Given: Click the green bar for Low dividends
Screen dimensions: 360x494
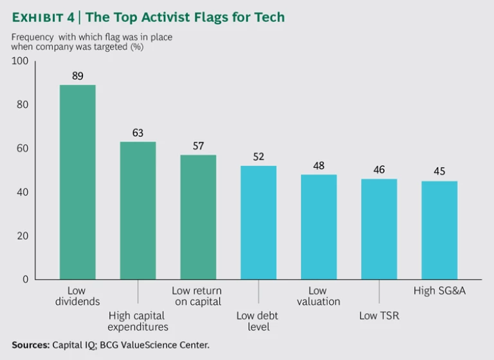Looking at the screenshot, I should coord(77,182).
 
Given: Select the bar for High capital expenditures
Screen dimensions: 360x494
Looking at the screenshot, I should coord(138,210).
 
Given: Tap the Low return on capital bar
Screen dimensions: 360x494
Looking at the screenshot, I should coord(198,217).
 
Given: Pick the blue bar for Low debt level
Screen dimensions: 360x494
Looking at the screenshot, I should coord(258,222).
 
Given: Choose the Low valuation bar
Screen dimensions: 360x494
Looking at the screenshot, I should coord(318,227).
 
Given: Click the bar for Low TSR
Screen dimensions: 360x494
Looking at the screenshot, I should coord(379,229).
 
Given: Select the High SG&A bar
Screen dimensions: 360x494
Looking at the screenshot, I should coord(439,230).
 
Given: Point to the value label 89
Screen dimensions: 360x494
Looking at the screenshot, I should coord(77,76).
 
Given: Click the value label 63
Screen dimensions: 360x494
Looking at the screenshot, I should coord(138,132).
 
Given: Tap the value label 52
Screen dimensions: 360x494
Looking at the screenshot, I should coord(258,157).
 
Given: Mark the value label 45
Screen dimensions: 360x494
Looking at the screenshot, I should coord(439,172).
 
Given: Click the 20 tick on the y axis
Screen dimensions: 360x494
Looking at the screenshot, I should coord(23,236).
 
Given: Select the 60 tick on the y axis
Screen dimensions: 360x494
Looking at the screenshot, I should coord(23,148).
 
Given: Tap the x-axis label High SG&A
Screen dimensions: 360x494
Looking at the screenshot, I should coord(439,291).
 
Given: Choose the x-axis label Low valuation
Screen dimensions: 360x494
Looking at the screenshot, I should coord(318,296).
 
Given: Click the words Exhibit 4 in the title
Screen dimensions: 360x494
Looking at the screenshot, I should coord(42,17).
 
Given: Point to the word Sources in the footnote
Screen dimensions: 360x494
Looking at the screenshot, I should coord(31,345).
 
